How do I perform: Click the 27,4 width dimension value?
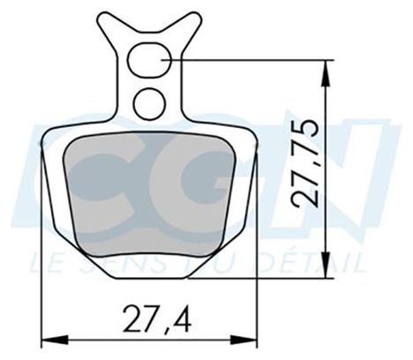[157, 319]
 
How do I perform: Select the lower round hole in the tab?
[149, 104]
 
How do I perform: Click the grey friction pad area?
[150, 194]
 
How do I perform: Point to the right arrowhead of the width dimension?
[244, 340]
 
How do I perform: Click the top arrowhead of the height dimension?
[326, 73]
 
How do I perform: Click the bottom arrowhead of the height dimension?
[326, 264]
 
